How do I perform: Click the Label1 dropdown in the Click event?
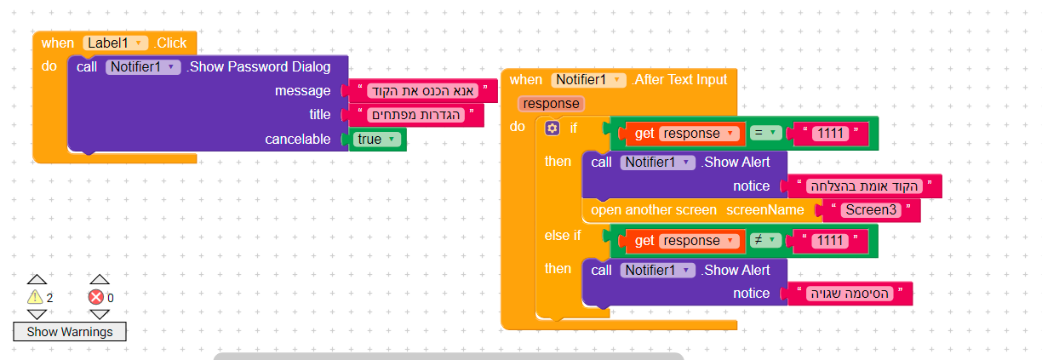[x=116, y=43]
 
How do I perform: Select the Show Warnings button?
[x=70, y=332]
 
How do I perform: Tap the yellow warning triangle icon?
[x=35, y=297]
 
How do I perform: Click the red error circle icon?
[x=96, y=297]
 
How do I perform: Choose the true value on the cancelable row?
[x=377, y=139]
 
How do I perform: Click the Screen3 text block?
[x=871, y=209]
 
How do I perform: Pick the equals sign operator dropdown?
[x=765, y=133]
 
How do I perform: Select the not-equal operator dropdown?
[x=765, y=241]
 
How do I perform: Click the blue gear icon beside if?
[x=552, y=128]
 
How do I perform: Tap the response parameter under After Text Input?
[x=552, y=104]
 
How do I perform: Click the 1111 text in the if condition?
[x=830, y=134]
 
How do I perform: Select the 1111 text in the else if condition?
[x=830, y=241]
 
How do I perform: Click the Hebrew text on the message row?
[x=422, y=91]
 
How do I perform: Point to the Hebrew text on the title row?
[x=416, y=115]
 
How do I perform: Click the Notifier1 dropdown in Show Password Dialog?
[x=143, y=67]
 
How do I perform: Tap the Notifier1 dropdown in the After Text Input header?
[x=588, y=80]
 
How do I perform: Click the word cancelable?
[x=298, y=139]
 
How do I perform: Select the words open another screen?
[x=654, y=210]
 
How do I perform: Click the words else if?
[x=563, y=236]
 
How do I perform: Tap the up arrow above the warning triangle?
[x=37, y=279]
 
